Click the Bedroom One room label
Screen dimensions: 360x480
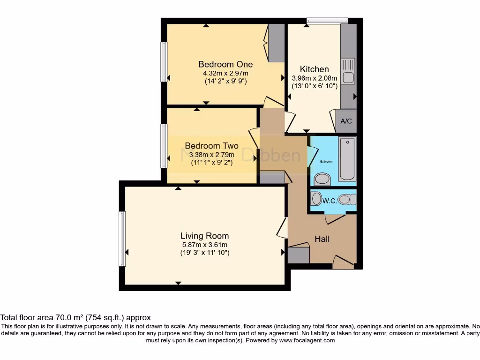[225, 64]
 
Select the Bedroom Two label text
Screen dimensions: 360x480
[211, 146]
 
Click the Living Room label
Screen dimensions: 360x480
[205, 236]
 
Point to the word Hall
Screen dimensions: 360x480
[322, 239]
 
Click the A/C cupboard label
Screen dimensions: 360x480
[346, 121]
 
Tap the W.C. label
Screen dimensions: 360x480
[330, 201]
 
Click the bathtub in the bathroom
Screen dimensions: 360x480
[347, 159]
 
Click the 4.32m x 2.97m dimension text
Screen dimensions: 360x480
[225, 73]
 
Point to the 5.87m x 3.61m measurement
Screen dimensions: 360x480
[205, 245]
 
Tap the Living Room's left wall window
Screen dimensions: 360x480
[122, 239]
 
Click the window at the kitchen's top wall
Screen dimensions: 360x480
[327, 20]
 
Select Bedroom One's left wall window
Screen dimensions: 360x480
[164, 62]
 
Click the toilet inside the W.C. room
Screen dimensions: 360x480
[345, 199]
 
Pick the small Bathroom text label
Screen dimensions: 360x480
[326, 162]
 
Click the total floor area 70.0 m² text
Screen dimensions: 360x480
[75, 317]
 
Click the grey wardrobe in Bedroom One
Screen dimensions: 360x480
[276, 43]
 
